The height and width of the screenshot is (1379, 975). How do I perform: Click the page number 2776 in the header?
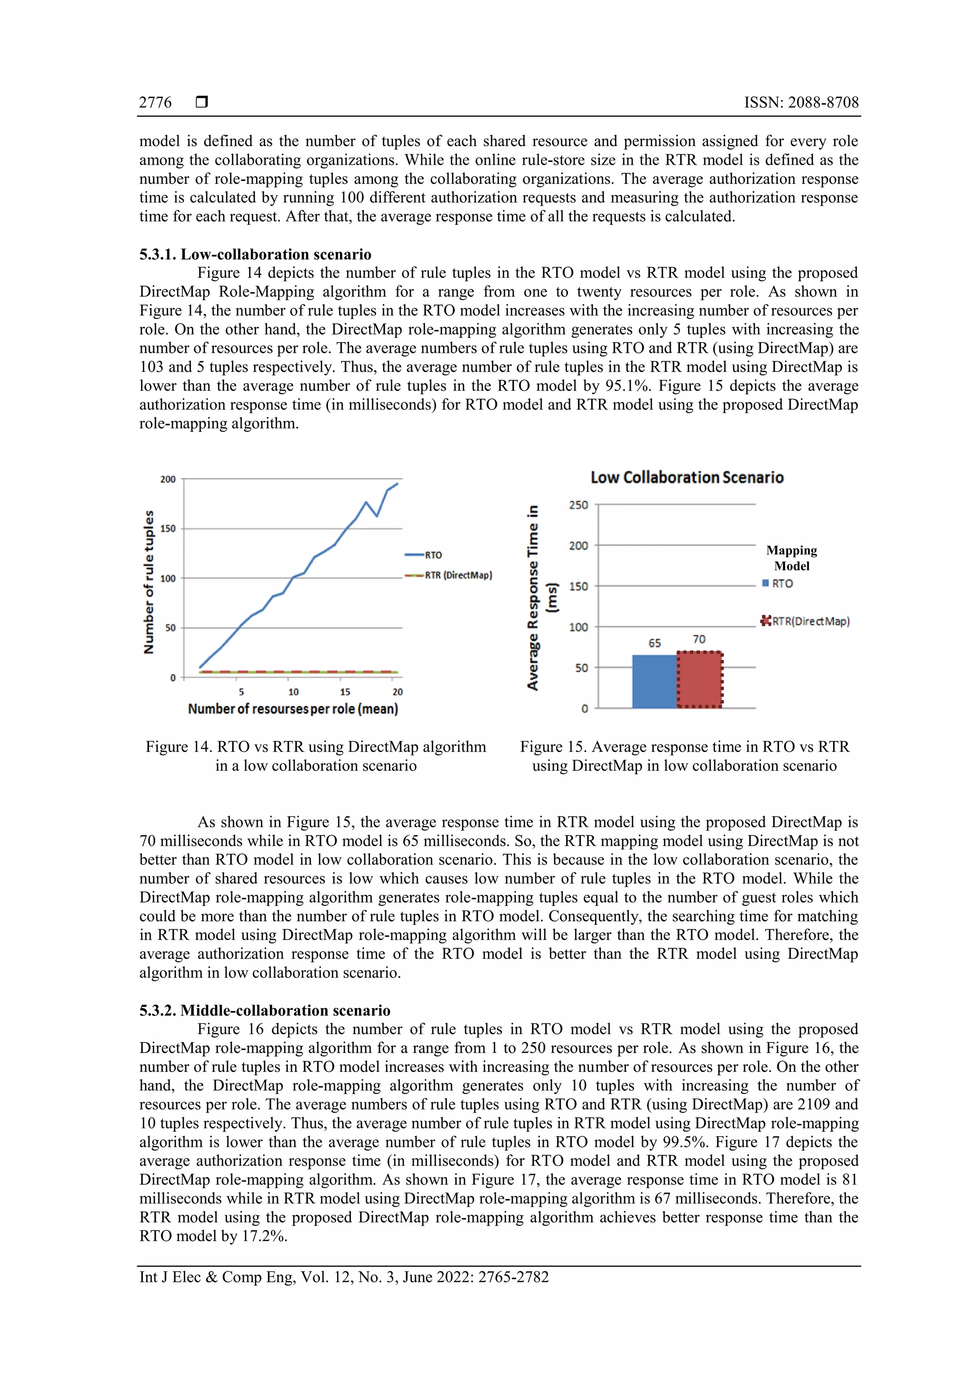155,103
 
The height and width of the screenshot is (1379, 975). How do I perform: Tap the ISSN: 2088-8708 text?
801,103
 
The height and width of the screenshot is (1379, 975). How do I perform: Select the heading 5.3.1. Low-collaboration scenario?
255,254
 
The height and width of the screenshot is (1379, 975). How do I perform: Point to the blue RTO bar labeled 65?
654,682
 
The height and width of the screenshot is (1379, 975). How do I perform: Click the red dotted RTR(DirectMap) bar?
700,680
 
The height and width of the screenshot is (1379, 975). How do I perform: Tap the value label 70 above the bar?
699,639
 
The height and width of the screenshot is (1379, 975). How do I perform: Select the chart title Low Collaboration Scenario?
686,477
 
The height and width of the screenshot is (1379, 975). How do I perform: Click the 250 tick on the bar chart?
578,505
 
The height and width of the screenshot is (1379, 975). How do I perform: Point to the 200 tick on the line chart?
168,479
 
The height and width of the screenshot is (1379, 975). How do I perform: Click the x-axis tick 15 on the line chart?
345,692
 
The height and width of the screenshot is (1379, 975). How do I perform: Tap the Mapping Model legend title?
791,558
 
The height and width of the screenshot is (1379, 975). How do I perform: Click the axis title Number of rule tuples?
149,581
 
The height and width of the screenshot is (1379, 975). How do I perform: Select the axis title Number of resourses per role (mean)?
293,709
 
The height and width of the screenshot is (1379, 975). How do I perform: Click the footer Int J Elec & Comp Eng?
344,1276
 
